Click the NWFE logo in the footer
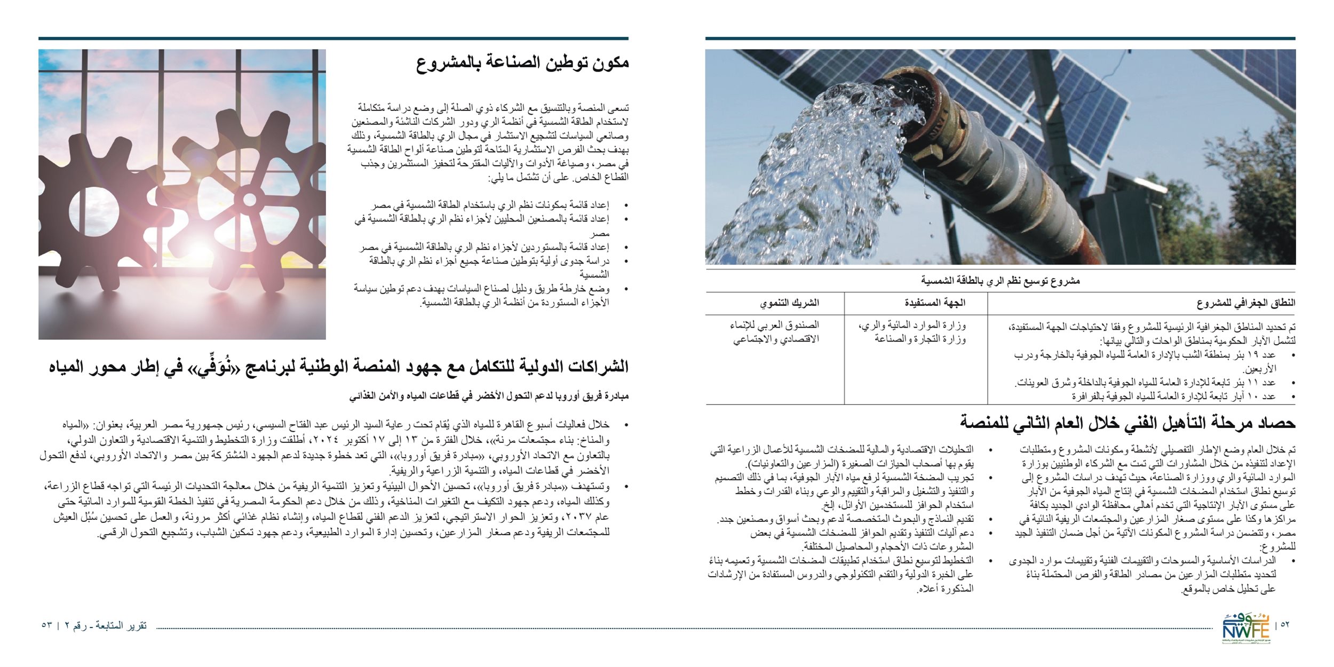(1246, 629)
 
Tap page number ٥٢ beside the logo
(1285, 625)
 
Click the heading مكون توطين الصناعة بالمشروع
(522, 63)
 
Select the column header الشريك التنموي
(789, 303)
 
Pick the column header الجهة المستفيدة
(935, 303)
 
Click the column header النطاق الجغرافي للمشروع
(1245, 303)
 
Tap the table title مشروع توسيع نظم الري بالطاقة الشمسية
(1000, 281)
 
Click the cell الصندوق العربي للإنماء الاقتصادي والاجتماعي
(775, 331)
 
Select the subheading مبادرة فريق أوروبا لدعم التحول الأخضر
(489, 396)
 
